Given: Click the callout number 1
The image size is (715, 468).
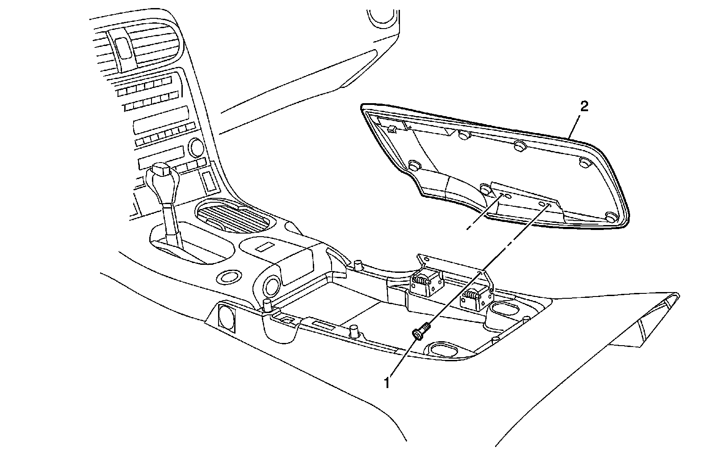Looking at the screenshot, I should point(387,382).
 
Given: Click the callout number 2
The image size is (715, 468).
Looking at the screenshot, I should point(584,106).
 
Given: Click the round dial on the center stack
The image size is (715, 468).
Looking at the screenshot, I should point(196,146).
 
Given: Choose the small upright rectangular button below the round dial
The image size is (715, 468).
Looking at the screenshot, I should point(208,179).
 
